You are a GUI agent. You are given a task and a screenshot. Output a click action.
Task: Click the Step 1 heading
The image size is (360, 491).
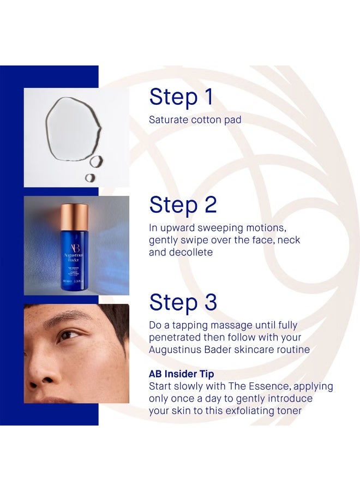tap(181, 98)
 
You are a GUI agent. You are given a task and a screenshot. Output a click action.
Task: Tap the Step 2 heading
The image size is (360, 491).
tap(183, 206)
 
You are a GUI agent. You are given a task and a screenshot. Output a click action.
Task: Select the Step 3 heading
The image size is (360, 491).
tap(183, 302)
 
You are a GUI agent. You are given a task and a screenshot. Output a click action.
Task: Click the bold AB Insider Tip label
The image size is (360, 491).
tap(182, 374)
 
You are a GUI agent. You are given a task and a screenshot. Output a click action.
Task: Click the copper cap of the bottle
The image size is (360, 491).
tap(75, 217)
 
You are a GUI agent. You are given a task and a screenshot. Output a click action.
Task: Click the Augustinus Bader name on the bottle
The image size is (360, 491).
tap(74, 258)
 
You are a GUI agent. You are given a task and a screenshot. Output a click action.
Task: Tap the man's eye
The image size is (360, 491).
tap(68, 336)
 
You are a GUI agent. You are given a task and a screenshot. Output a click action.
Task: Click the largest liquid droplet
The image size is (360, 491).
tap(73, 128)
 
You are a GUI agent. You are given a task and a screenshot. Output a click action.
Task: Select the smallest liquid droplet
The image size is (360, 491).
tap(90, 177)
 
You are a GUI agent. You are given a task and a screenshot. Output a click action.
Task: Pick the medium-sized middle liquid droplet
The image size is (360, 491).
tap(97, 161)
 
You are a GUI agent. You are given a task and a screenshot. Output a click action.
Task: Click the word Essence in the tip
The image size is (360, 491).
tap(268, 386)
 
